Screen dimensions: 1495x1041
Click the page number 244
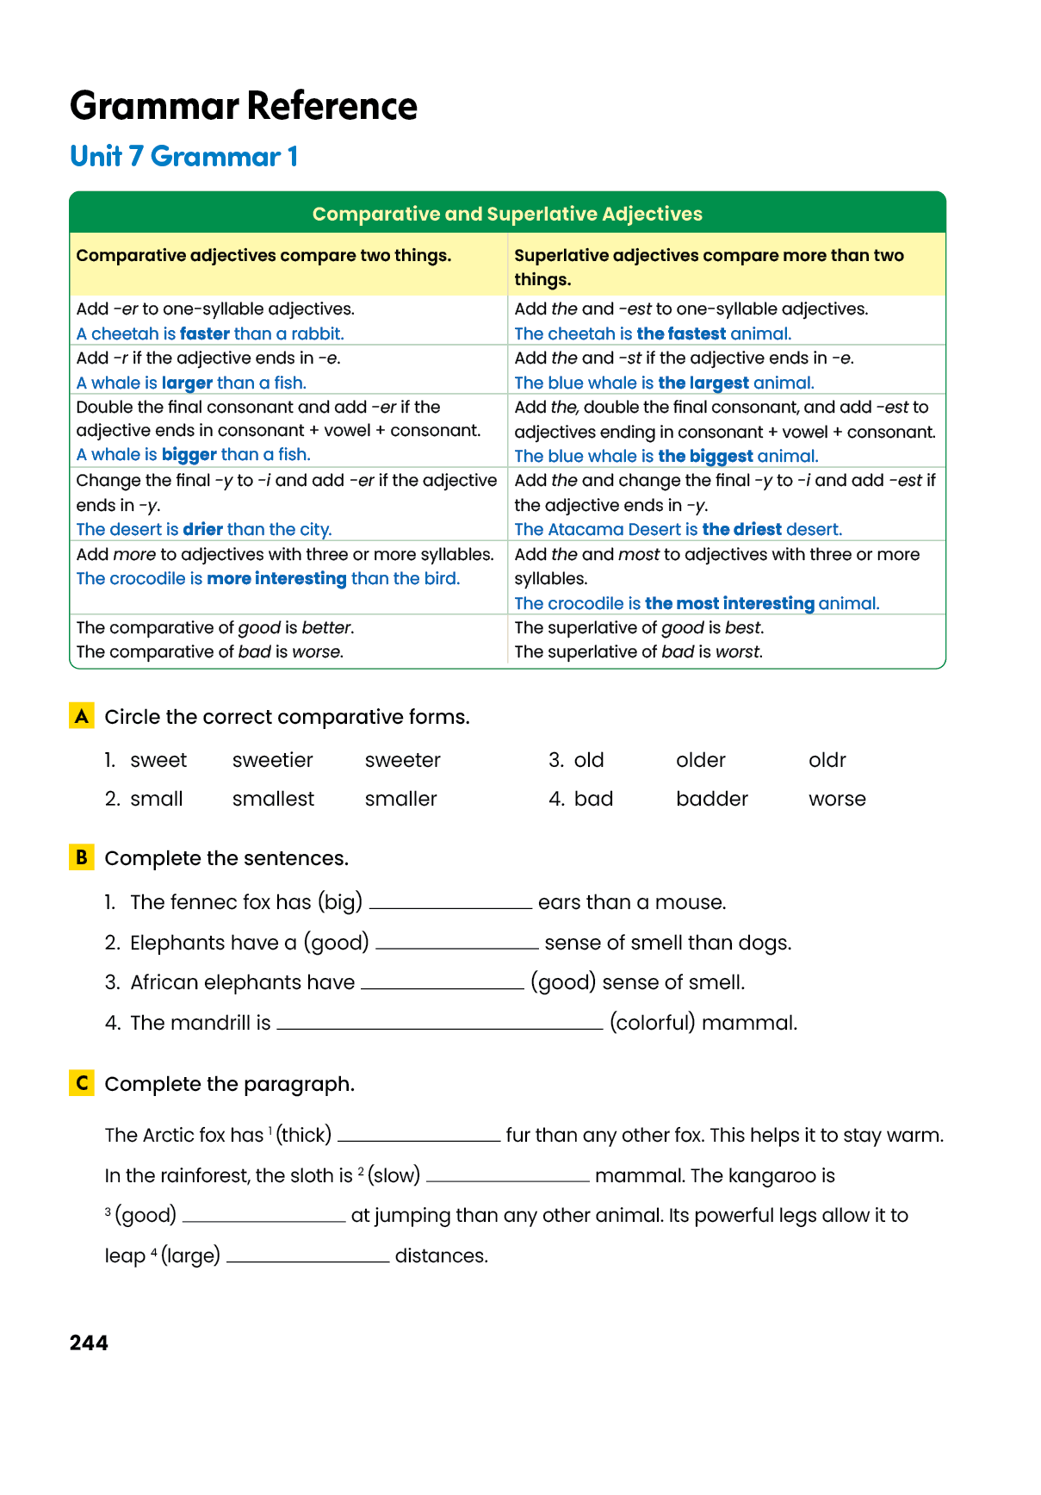(x=89, y=1342)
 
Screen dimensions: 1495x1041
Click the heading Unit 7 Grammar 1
(x=183, y=157)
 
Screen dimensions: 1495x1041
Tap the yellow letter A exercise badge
(x=82, y=716)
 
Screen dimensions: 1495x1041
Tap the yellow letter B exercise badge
(x=82, y=857)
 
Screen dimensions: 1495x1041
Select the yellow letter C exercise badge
(x=82, y=1083)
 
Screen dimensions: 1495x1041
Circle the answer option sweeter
(x=402, y=760)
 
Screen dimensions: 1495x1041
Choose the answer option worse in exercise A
(x=837, y=799)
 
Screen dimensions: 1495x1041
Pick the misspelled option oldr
(x=827, y=760)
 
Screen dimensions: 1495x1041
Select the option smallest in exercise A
(x=273, y=799)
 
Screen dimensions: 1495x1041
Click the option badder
(x=712, y=799)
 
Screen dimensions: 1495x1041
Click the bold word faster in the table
(x=205, y=333)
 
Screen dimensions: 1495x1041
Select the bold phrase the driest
(x=741, y=529)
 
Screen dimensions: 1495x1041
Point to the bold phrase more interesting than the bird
(x=276, y=578)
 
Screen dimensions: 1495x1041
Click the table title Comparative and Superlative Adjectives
(x=507, y=214)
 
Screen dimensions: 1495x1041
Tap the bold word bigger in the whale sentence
(x=189, y=454)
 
